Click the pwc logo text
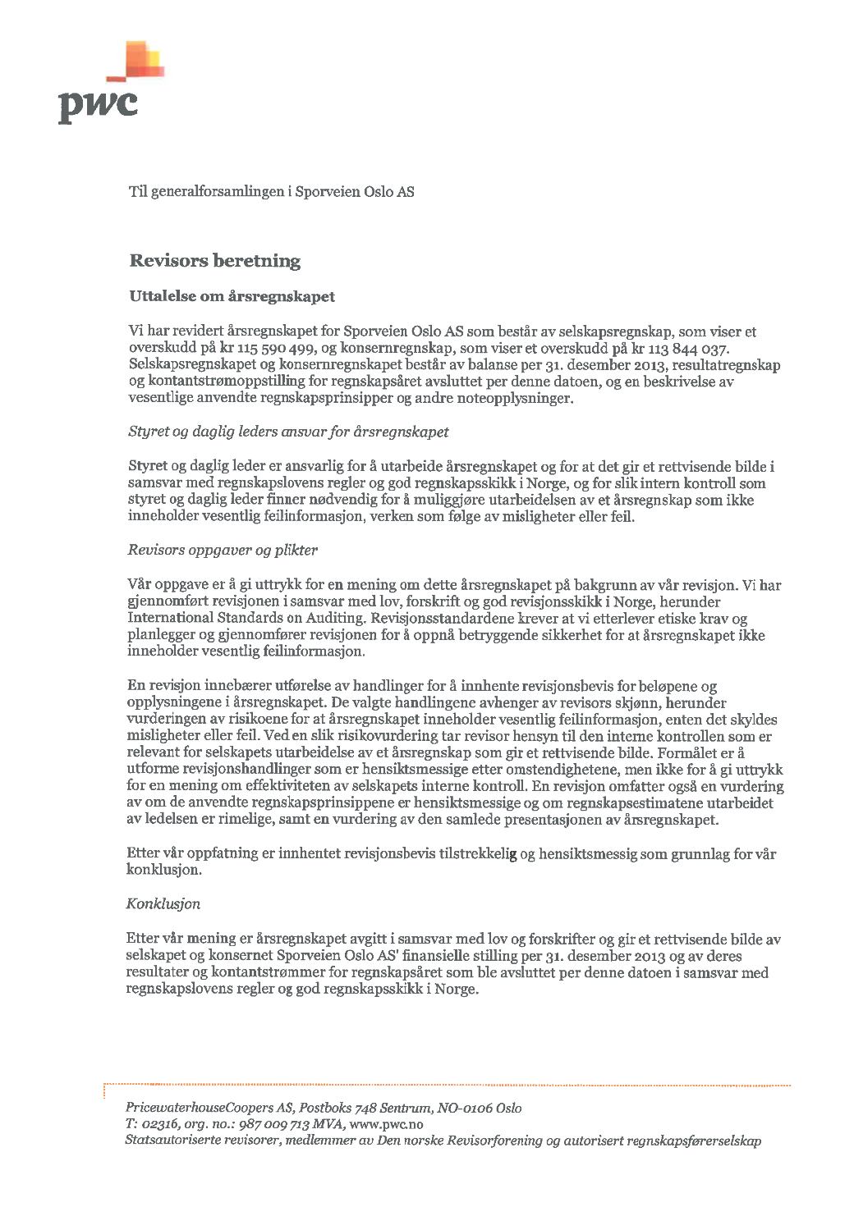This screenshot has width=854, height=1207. tap(98, 105)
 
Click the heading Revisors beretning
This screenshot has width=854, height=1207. tap(215, 261)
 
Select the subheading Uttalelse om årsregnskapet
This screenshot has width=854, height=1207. tap(232, 296)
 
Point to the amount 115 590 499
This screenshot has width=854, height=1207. tap(272, 349)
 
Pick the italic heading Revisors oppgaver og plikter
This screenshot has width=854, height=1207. tap(223, 550)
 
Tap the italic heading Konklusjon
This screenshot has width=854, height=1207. tap(163, 904)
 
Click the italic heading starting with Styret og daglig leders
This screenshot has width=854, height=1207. tap(288, 432)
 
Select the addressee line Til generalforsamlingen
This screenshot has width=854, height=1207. tap(271, 192)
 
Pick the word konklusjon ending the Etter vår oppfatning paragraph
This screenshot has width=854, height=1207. tap(163, 870)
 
